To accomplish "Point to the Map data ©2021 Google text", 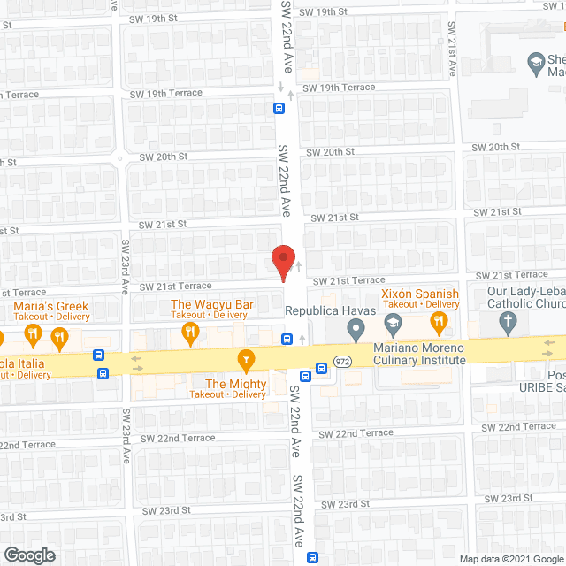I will (x=511, y=559).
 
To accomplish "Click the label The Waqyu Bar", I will (x=212, y=304).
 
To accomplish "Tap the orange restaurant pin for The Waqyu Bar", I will (x=189, y=333).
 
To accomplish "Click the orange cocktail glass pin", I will (x=245, y=359).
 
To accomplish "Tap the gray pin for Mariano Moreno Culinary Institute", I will (x=356, y=332).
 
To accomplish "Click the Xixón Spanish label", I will (x=420, y=294).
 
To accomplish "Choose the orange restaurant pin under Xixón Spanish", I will (x=437, y=322).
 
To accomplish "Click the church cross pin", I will (x=508, y=324).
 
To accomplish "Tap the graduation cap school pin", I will (x=535, y=62).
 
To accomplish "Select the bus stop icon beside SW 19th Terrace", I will (x=279, y=109).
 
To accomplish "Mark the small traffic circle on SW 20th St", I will (x=119, y=161).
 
